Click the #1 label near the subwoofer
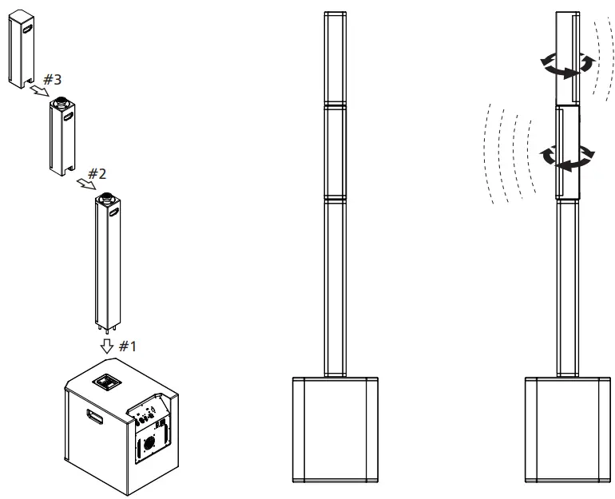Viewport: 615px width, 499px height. click(x=128, y=347)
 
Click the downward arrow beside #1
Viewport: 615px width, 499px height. click(x=106, y=347)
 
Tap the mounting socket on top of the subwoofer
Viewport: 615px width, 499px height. click(x=108, y=382)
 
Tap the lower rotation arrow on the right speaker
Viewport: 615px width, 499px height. click(x=568, y=157)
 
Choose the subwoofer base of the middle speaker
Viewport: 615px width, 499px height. click(x=335, y=428)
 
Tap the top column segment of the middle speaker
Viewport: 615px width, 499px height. click(x=335, y=59)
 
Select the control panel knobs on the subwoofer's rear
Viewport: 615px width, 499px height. click(x=149, y=416)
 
